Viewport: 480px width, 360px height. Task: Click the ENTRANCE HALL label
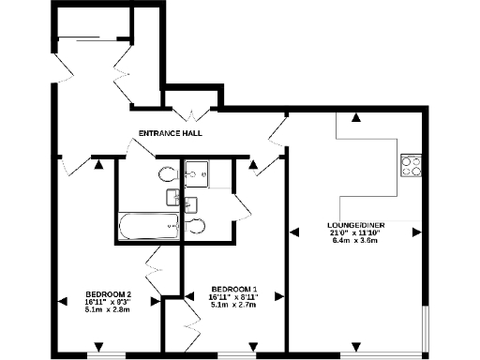[171, 133]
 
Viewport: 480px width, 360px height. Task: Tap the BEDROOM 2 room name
[108, 294]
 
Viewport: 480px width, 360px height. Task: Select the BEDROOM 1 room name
[233, 288]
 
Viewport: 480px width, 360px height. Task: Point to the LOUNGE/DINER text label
[354, 225]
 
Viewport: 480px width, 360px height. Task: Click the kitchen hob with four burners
[412, 165]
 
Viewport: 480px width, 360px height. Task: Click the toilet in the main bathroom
[168, 173]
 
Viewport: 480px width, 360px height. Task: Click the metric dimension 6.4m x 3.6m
[354, 241]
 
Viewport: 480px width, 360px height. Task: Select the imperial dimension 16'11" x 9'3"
[108, 302]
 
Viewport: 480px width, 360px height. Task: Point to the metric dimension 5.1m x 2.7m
[233, 304]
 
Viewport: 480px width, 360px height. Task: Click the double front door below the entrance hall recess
[194, 115]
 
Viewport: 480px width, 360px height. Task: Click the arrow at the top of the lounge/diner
[355, 118]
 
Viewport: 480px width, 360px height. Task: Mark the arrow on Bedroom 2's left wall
[62, 301]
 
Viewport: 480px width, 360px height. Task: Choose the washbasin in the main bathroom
[173, 196]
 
